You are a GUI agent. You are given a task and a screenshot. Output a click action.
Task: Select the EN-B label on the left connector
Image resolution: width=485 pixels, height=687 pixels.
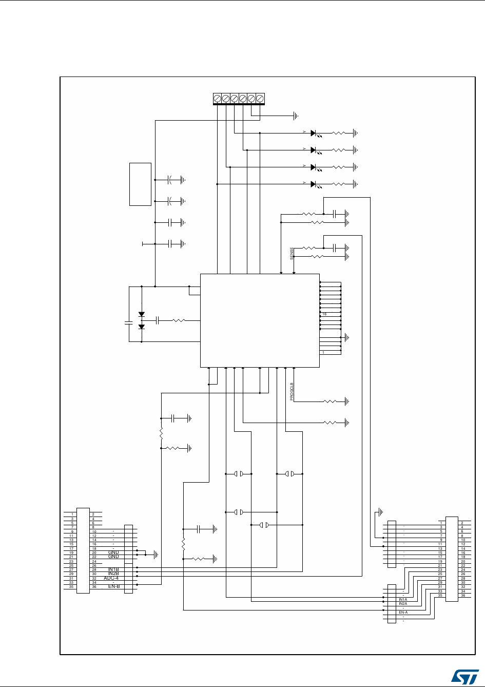tap(113, 586)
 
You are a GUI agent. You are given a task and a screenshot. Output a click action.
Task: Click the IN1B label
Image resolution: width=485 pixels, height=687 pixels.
tap(113, 569)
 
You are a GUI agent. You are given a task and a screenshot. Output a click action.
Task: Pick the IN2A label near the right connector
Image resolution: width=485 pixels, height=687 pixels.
tap(403, 604)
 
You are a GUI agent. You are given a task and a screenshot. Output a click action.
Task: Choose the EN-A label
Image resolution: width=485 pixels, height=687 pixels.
tap(403, 613)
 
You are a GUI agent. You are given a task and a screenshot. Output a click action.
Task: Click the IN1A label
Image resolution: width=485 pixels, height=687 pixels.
tap(403, 600)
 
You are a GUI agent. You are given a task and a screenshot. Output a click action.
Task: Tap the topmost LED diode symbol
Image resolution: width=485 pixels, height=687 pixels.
tap(314, 133)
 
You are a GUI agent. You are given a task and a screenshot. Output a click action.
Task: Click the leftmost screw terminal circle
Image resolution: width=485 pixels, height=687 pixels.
tap(217, 98)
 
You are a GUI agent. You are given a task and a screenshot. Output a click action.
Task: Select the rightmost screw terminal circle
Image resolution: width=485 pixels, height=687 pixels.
tap(260, 98)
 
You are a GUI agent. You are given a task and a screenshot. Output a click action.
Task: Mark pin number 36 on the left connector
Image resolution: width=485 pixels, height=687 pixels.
tap(94, 587)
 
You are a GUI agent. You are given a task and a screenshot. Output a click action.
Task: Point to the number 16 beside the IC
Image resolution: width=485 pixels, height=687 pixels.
tap(324, 314)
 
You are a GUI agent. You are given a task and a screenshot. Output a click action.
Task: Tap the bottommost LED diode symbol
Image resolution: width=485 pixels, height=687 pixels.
tap(314, 184)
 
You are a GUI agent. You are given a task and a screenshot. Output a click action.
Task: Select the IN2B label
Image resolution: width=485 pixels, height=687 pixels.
tap(113, 574)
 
